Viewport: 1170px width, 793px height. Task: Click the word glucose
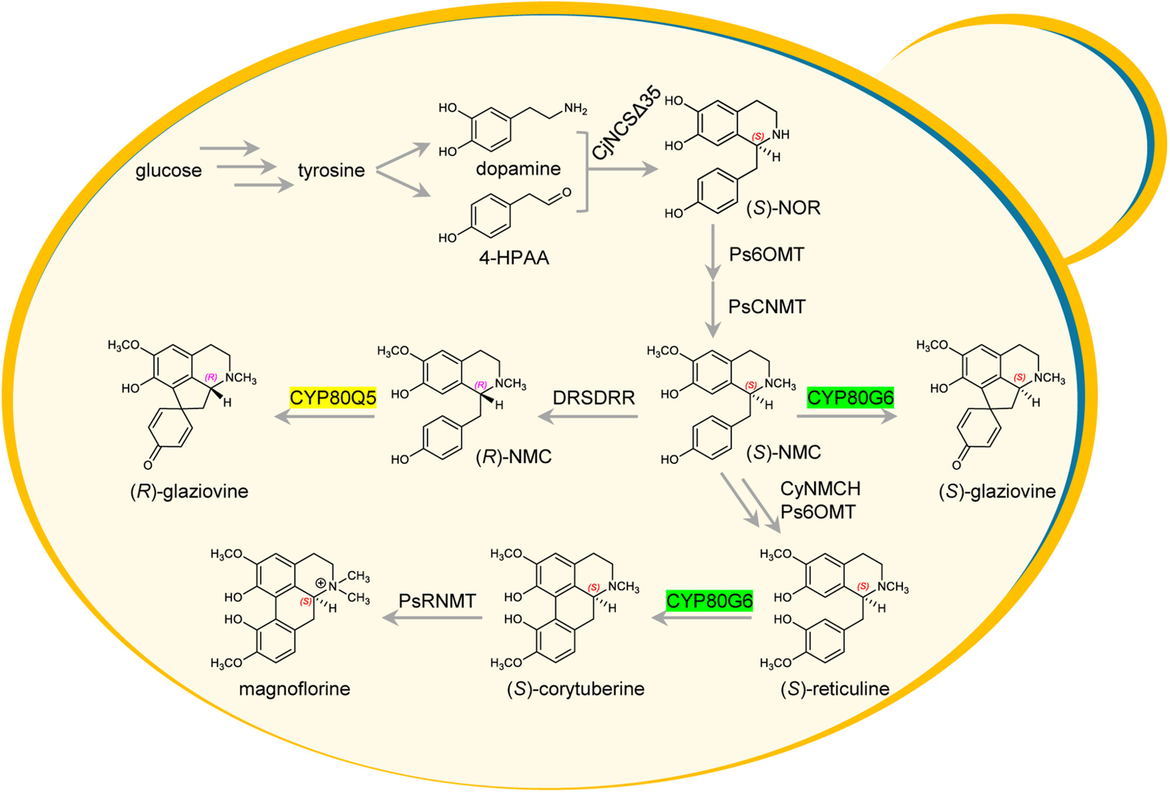tap(168, 171)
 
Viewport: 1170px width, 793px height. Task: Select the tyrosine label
tap(331, 171)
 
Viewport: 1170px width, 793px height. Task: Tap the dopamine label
tap(518, 169)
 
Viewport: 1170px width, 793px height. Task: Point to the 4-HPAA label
tap(514, 258)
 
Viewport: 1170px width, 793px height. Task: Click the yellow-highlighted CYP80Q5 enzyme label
tap(333, 398)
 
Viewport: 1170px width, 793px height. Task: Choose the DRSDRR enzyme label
tap(594, 398)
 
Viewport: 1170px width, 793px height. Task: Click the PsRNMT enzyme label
tap(437, 601)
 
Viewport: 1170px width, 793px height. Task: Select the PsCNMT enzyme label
tap(766, 306)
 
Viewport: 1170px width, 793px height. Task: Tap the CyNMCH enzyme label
tap(820, 488)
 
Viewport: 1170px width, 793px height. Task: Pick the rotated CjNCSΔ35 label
tap(627, 123)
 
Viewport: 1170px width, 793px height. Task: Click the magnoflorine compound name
tap(294, 689)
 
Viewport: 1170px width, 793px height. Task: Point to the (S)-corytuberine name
tap(576, 689)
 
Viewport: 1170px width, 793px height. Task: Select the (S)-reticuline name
tap(835, 689)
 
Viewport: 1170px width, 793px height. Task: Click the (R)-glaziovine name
tap(189, 491)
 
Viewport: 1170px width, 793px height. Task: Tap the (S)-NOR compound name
tap(783, 208)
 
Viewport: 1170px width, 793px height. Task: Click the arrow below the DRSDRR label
tap(587, 416)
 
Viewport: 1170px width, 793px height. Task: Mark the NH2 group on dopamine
tap(575, 109)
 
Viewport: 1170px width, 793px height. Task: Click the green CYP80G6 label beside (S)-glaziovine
tap(850, 398)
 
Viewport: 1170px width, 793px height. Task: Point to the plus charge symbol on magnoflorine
tap(321, 583)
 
